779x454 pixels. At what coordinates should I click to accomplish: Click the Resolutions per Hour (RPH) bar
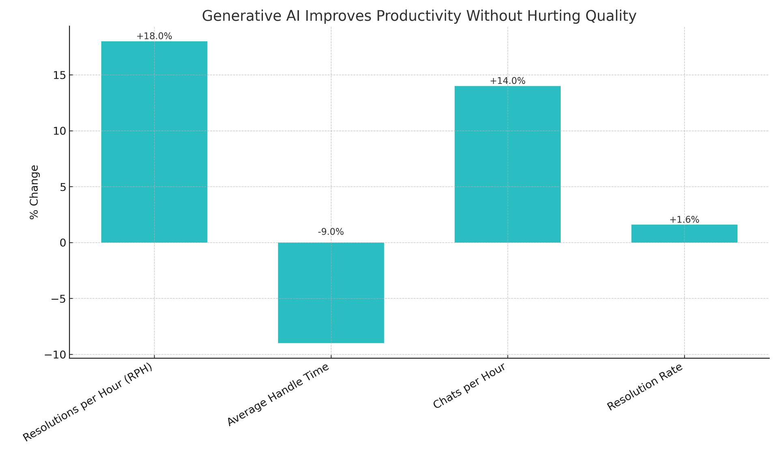point(154,142)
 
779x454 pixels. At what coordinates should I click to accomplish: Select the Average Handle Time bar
point(331,293)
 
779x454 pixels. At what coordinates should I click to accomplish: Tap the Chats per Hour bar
point(507,164)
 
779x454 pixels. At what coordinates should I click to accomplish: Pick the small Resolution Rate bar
point(684,234)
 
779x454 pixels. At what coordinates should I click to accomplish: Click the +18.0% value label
point(154,36)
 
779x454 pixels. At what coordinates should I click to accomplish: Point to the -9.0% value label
point(331,232)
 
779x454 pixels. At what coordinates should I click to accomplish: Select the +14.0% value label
point(507,81)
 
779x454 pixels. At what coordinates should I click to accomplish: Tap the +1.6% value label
point(684,220)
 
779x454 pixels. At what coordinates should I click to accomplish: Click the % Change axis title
point(34,192)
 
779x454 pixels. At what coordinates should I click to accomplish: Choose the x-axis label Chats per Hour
point(470,385)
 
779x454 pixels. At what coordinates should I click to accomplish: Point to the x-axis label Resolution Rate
point(645,387)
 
